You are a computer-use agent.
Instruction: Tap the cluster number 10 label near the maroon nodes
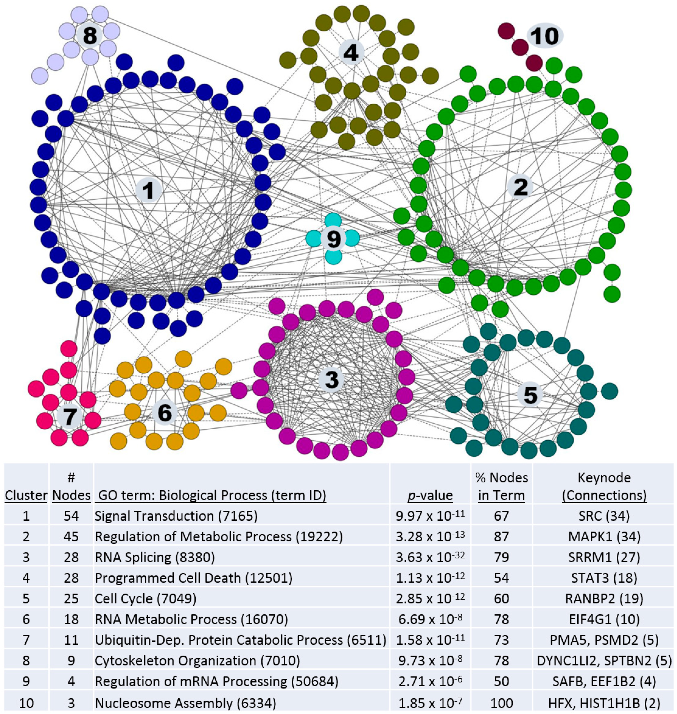coord(545,36)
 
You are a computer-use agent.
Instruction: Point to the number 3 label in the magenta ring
coord(332,380)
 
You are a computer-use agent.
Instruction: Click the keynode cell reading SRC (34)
coord(604,516)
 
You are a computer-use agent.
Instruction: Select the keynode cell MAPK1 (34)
coord(604,537)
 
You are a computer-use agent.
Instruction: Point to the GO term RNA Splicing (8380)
coord(154,557)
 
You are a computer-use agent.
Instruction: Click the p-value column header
coord(430,495)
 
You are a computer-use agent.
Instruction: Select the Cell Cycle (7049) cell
coord(145,598)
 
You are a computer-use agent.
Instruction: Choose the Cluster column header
coord(26,495)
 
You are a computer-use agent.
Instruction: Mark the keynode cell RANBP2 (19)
coord(604,598)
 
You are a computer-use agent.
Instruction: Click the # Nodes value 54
coord(71,516)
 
